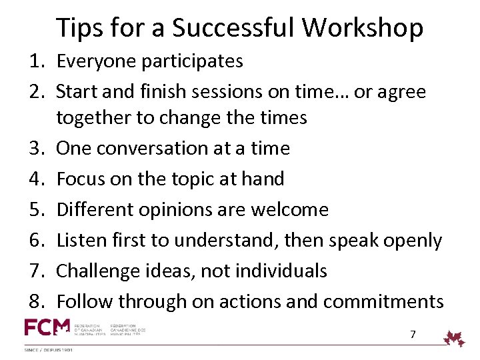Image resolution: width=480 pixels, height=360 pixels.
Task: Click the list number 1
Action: click(35, 61)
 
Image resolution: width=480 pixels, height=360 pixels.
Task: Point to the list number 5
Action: click(35, 210)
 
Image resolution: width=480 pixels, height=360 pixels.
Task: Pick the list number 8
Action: click(35, 301)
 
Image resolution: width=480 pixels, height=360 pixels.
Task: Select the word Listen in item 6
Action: click(80, 240)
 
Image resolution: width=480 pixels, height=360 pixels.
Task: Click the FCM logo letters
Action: click(47, 327)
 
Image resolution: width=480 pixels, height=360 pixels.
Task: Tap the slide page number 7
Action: click(413, 334)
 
